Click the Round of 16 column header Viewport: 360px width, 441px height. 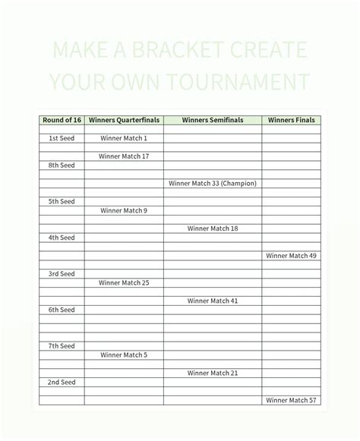(x=62, y=120)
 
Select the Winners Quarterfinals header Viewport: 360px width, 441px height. (x=123, y=120)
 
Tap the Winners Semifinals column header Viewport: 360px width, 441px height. (x=213, y=120)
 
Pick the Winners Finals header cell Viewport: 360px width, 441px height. (x=292, y=120)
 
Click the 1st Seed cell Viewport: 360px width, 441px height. (x=62, y=138)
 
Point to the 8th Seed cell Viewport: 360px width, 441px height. (x=62, y=165)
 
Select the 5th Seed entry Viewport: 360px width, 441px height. (x=62, y=201)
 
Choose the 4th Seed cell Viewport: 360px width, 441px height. (x=62, y=238)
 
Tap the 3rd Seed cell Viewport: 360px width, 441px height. (x=62, y=273)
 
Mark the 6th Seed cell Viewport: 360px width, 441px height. (x=62, y=310)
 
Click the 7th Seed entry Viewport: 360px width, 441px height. (x=62, y=345)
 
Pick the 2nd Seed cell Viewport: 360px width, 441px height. (x=62, y=382)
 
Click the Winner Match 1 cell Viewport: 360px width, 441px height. (x=123, y=138)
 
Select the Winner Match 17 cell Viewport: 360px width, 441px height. (x=123, y=156)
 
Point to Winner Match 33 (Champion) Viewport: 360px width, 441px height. (x=213, y=183)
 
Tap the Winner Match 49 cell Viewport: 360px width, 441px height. (x=292, y=256)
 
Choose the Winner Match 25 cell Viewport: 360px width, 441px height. (x=123, y=282)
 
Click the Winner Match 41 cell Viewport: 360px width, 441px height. (x=213, y=301)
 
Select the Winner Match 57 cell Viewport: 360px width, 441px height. (x=292, y=400)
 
